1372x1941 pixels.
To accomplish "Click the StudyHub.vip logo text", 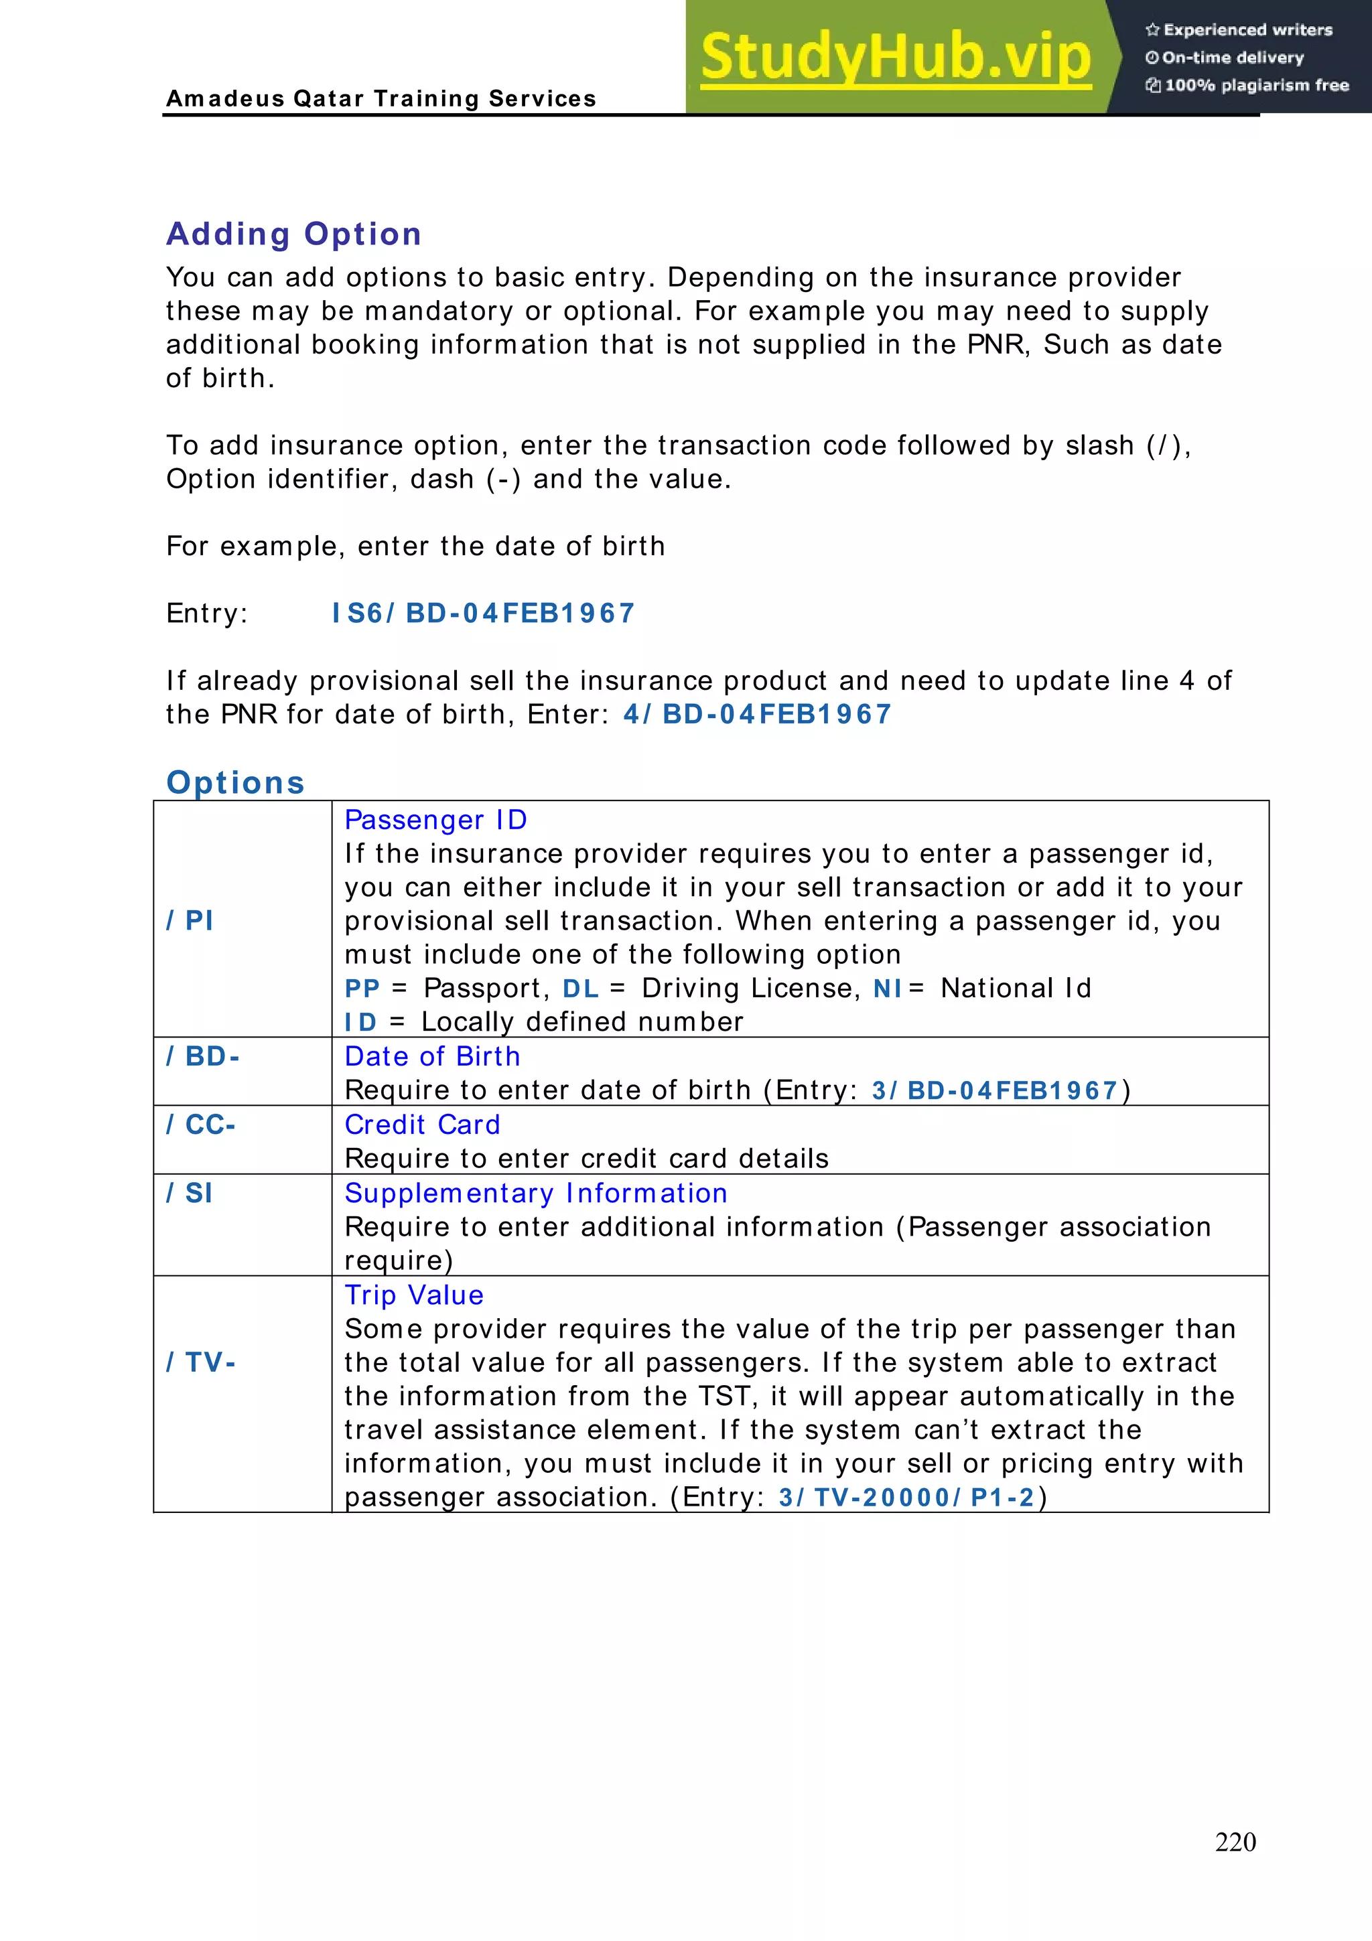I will (x=895, y=58).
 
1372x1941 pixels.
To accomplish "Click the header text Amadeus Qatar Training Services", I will (x=381, y=99).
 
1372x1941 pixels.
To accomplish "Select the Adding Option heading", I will (x=294, y=234).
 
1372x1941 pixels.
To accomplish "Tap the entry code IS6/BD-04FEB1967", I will (x=483, y=613).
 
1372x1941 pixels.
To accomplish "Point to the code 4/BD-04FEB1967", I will (x=758, y=715).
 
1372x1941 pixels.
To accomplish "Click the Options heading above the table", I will (x=236, y=783).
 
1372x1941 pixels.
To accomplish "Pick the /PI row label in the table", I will (x=190, y=920).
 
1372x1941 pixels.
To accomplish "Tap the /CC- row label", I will (x=201, y=1125).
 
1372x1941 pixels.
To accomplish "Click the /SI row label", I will (x=190, y=1193).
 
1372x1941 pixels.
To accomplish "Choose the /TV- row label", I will (x=201, y=1362).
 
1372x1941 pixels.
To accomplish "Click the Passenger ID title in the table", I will (x=436, y=820).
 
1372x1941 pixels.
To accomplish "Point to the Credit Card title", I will (x=423, y=1125).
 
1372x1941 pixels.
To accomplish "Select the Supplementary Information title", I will (x=536, y=1193).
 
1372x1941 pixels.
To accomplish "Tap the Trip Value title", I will (x=414, y=1295).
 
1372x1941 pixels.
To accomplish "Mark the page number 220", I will (x=1235, y=1842).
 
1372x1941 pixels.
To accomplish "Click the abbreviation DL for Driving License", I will (x=581, y=989).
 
